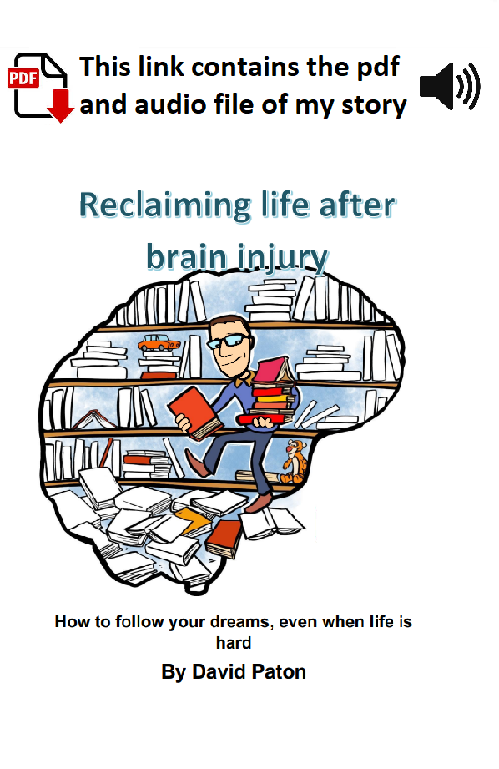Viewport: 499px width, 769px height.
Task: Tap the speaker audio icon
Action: coord(450,86)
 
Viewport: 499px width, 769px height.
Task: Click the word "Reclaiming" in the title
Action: coord(164,206)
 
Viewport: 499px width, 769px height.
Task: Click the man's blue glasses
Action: coord(229,341)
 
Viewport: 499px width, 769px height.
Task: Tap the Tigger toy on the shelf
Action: coord(294,462)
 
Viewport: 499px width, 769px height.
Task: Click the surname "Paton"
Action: coord(278,672)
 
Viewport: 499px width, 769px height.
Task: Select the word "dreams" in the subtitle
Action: coord(240,622)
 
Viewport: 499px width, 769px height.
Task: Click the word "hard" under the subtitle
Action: coord(234,643)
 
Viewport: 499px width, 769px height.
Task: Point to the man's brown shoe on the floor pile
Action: coord(259,502)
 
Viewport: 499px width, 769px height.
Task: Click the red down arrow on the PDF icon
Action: coord(60,105)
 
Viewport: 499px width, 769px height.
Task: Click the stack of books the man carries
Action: coord(271,392)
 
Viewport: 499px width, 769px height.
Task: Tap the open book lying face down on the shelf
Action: coord(94,420)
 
